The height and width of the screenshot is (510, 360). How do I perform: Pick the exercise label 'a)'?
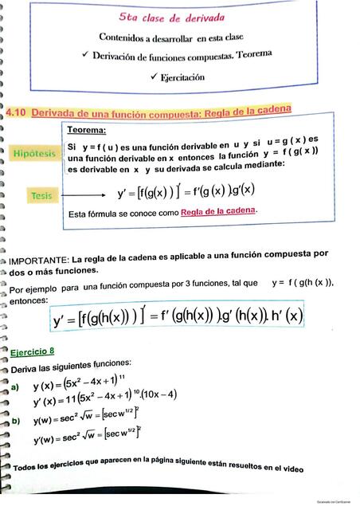tap(14, 386)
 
